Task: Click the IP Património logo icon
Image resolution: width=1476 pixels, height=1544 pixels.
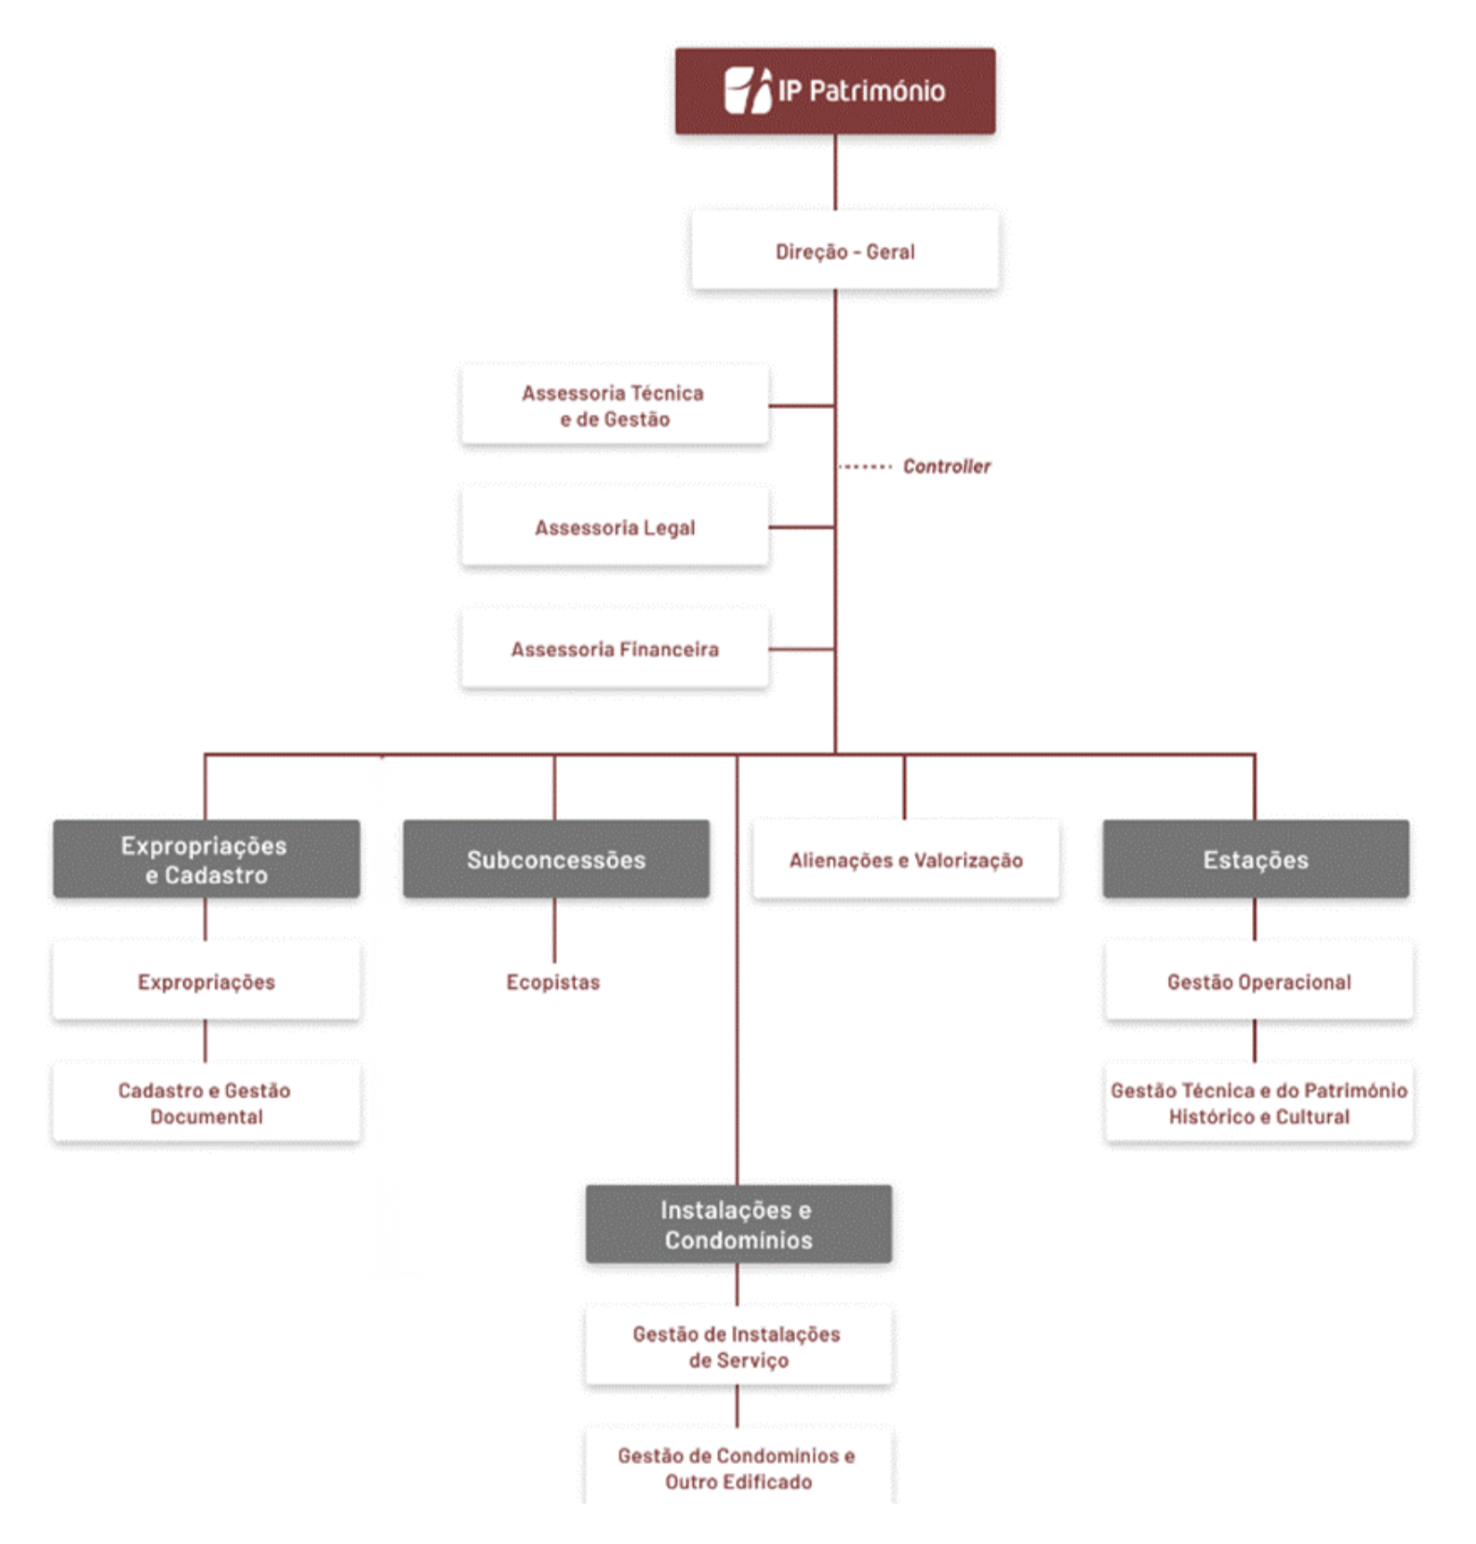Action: point(748,90)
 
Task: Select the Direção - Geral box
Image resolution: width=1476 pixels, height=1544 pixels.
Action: point(844,251)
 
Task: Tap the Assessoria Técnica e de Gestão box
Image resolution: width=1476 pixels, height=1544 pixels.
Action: point(614,406)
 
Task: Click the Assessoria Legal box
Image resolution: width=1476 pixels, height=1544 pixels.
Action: point(614,527)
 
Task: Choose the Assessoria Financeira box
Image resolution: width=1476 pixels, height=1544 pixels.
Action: point(614,649)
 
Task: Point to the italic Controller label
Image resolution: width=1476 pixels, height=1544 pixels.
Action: point(946,466)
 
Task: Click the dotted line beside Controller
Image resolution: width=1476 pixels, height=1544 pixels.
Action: point(865,466)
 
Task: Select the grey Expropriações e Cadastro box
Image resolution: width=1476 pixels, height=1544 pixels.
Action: point(206,859)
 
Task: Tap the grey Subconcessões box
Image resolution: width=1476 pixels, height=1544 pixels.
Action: point(556,859)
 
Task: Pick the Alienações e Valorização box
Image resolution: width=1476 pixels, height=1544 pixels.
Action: point(906,859)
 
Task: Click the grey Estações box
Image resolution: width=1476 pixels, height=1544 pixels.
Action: point(1256,859)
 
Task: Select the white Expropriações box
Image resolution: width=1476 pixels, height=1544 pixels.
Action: point(206,982)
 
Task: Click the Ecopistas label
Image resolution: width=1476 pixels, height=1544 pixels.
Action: point(552,982)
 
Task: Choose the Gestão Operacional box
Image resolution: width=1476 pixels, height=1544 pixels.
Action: point(1258,982)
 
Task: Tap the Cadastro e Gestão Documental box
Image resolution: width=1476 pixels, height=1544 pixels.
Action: point(206,1103)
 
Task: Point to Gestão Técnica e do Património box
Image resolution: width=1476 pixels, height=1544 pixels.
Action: point(1258,1103)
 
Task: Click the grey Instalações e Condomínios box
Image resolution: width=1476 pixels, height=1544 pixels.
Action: point(738,1224)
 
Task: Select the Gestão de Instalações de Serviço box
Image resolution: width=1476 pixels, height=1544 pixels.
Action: point(738,1347)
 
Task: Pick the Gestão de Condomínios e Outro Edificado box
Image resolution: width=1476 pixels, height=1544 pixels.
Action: point(738,1468)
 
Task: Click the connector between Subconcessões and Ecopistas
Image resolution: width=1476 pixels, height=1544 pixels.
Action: point(554,930)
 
